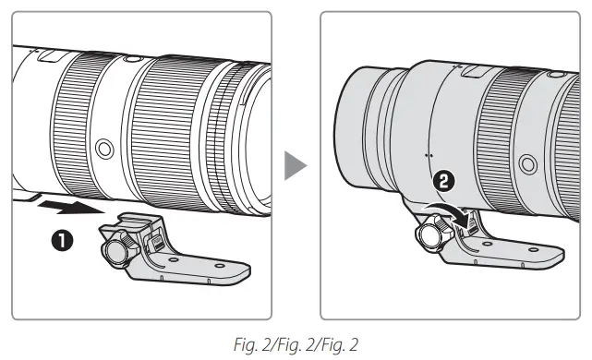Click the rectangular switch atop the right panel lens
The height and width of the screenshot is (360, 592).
point(471,70)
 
